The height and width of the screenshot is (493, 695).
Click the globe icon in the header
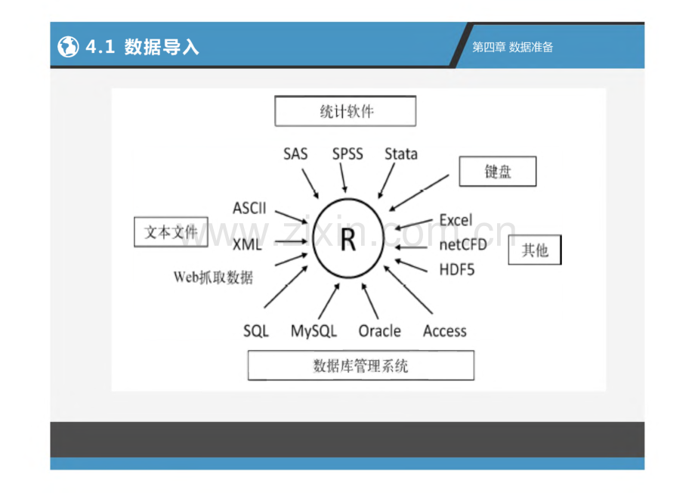68,47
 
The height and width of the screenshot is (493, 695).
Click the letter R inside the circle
348,240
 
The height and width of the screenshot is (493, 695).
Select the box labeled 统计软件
345,111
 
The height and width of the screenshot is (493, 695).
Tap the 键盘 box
498,172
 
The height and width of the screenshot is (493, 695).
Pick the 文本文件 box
171,231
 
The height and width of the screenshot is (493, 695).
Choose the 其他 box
535,250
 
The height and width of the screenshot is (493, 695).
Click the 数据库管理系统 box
361,366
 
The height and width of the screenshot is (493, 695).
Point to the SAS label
295,154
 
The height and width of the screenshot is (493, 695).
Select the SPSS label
347,154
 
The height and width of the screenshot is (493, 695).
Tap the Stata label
400,154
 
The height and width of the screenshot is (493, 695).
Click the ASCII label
249,208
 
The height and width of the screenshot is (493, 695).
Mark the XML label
247,244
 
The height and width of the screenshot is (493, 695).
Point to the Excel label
456,220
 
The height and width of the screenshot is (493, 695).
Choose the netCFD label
463,244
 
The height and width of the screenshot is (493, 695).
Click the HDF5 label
456,269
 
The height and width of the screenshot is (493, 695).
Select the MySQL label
314,331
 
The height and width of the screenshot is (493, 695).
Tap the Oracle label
379,331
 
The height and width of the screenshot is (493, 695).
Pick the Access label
444,331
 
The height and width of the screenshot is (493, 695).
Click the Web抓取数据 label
213,278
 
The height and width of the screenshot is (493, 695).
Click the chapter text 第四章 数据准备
512,47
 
